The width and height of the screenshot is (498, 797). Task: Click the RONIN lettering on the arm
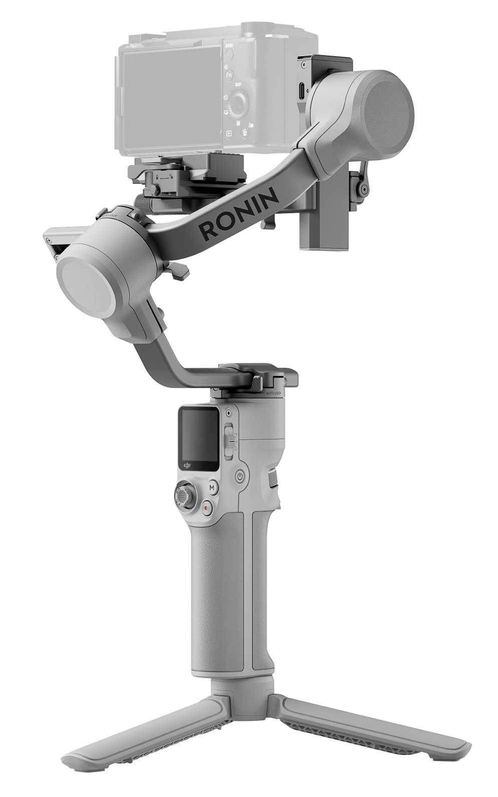click(239, 213)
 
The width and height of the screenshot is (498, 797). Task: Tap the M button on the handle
click(212, 487)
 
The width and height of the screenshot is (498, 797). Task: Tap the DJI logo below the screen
click(188, 466)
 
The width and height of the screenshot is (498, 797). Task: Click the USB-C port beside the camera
click(302, 91)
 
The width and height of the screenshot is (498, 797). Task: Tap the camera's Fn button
click(228, 75)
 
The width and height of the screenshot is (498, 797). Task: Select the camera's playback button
click(228, 133)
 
